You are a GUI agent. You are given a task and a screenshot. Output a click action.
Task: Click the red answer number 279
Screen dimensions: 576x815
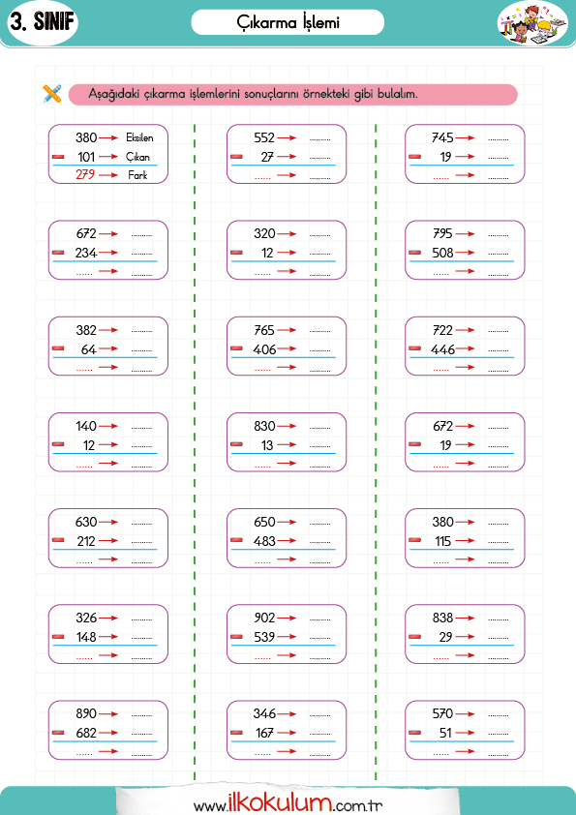[x=85, y=174]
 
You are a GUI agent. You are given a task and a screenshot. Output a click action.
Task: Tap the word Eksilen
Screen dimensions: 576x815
[x=139, y=137]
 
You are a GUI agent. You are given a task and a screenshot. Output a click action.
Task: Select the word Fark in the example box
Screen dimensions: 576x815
[x=137, y=175]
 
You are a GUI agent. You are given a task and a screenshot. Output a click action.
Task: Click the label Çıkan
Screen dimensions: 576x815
[x=137, y=157]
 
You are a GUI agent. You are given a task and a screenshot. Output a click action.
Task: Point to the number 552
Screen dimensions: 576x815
[x=264, y=137]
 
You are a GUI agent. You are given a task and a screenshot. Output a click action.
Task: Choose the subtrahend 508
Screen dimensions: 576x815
[x=443, y=253]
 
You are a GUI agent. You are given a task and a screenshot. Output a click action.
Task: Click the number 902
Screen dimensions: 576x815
[x=264, y=618]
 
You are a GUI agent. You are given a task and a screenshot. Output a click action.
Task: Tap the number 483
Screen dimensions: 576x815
[x=264, y=541]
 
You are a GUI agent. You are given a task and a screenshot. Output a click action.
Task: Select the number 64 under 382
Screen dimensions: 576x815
[x=89, y=349]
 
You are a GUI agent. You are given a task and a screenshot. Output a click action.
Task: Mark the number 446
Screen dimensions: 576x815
[x=443, y=349]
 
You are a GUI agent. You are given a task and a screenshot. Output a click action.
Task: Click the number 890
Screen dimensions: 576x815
[x=86, y=713]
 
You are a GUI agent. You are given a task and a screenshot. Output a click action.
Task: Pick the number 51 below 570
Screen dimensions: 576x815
[x=445, y=733]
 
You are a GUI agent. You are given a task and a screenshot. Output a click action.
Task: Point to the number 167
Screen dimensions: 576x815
[x=264, y=733]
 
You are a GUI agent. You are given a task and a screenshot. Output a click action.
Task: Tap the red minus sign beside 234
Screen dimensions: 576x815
[x=58, y=253]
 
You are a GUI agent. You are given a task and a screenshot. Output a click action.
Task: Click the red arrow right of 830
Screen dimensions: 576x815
[x=287, y=426]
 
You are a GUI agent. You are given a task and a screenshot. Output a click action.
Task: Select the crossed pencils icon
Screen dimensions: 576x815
[x=52, y=94]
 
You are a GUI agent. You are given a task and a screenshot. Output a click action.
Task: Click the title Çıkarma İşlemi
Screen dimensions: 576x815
[x=288, y=22]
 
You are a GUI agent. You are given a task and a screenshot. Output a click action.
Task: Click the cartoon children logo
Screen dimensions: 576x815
[x=531, y=24]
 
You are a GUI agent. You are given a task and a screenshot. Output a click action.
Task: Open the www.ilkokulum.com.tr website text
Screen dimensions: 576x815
[x=288, y=803]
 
